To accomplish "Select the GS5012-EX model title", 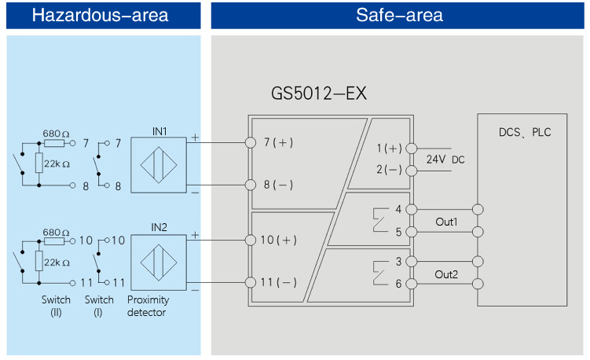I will coord(319,94).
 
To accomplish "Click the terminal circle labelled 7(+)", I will coord(251,142).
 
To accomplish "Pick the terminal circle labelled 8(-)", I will coord(251,185).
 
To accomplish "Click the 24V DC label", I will coord(445,159).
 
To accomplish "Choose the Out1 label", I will coord(446,222).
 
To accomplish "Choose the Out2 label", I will coord(446,274).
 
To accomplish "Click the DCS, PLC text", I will coord(525,132).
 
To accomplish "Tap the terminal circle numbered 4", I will coord(411,210).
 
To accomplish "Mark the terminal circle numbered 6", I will coord(411,284).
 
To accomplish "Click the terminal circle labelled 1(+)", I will coord(411,148).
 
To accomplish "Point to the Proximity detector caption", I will coord(148,306).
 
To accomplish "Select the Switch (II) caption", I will coord(56,306).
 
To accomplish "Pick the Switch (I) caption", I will coord(99,306).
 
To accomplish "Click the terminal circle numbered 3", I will coord(411,262).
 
